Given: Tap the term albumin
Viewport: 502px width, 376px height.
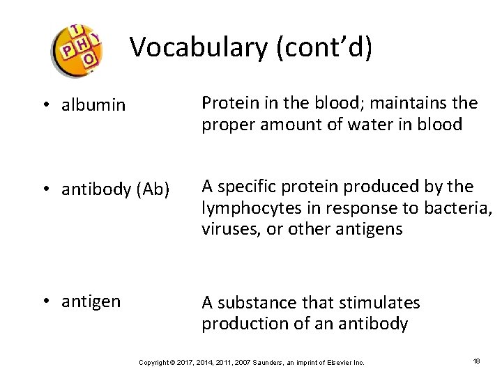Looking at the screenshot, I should coord(93,105).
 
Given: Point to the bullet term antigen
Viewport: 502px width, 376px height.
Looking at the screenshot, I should coord(91,301).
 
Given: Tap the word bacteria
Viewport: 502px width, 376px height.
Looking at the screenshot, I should coord(458,208).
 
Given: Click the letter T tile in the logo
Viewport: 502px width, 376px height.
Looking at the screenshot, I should coord(76,31).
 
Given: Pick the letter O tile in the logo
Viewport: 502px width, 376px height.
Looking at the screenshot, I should coord(88,60).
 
